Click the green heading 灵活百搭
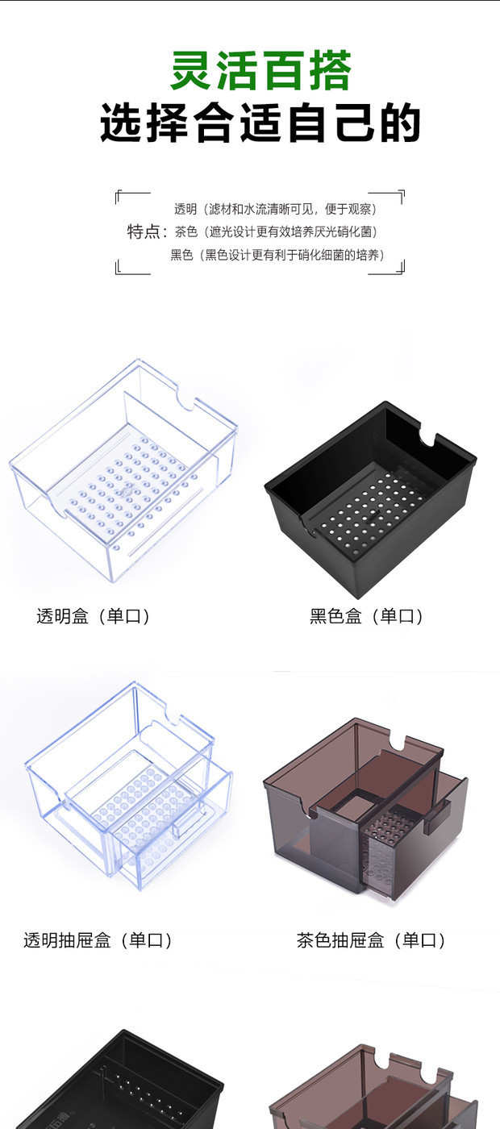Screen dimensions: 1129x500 click(260, 72)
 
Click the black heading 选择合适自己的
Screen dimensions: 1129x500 click(260, 125)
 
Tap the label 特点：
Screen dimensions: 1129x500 click(147, 232)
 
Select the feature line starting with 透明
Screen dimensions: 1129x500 click(275, 210)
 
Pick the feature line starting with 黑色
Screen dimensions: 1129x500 click(277, 255)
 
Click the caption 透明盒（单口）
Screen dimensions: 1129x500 click(94, 617)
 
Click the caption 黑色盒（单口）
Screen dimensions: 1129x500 click(367, 617)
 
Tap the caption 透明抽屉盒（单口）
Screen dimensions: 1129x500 click(98, 940)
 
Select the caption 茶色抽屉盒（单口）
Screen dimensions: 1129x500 click(372, 940)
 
